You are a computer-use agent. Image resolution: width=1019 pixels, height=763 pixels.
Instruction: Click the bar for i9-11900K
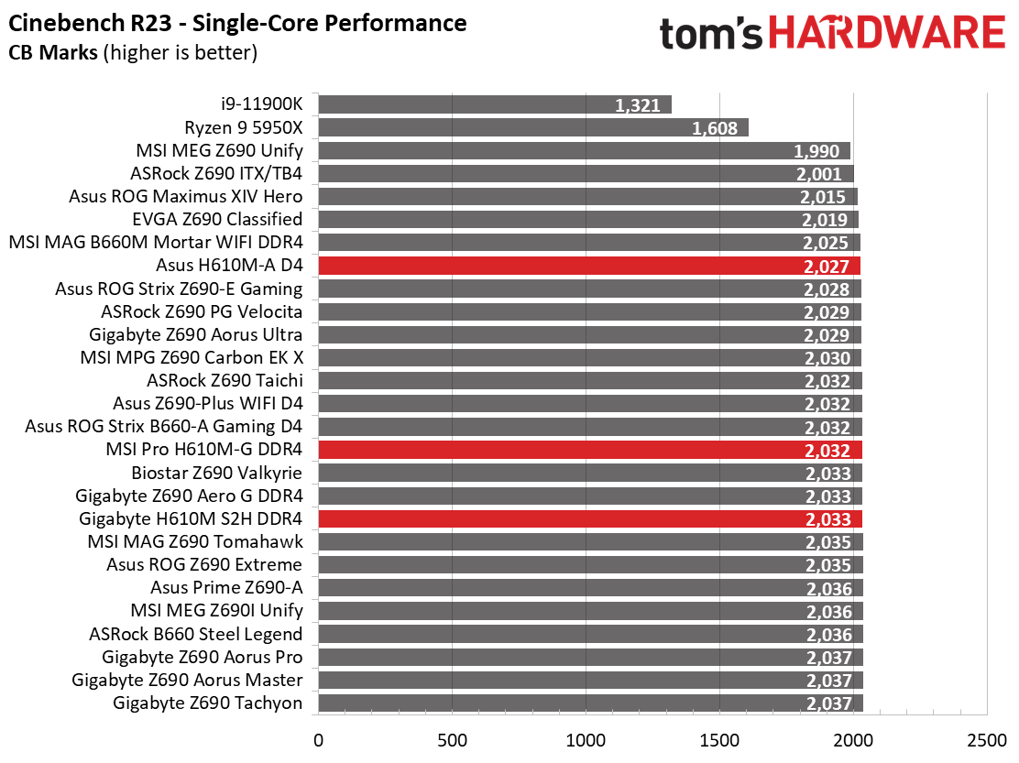495,104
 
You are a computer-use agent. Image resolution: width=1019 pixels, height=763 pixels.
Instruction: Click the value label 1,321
638,105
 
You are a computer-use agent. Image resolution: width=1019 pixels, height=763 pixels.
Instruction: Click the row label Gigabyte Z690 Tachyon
208,703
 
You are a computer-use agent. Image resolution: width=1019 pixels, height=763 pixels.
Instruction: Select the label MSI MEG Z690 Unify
219,150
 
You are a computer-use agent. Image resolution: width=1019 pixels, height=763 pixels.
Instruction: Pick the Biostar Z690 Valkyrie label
218,473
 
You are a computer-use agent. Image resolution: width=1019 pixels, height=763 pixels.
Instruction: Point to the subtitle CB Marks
53,53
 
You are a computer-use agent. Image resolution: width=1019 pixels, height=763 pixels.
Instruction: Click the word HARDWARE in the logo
886,34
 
